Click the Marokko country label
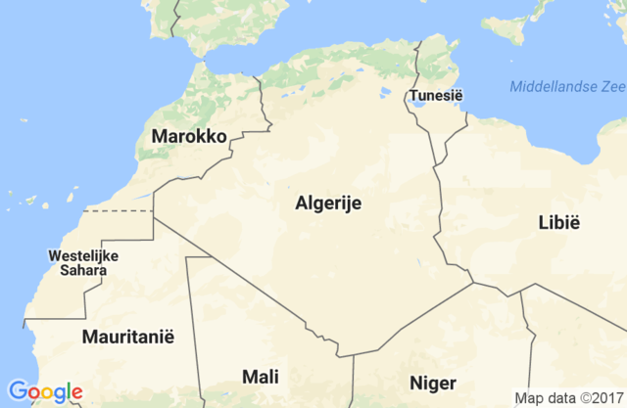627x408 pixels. click(x=189, y=136)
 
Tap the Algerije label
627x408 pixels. click(x=329, y=204)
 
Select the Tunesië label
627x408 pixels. click(x=436, y=95)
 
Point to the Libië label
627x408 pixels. click(x=559, y=222)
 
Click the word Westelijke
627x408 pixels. click(x=83, y=256)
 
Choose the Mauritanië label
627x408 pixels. click(x=128, y=337)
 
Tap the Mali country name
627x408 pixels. click(x=260, y=377)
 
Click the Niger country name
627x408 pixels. click(x=432, y=382)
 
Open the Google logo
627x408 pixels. click(x=44, y=392)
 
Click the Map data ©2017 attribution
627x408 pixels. click(x=568, y=397)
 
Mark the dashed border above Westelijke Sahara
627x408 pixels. click(x=118, y=209)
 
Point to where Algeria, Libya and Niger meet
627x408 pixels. click(x=473, y=284)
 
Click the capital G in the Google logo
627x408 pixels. click(x=17, y=391)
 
